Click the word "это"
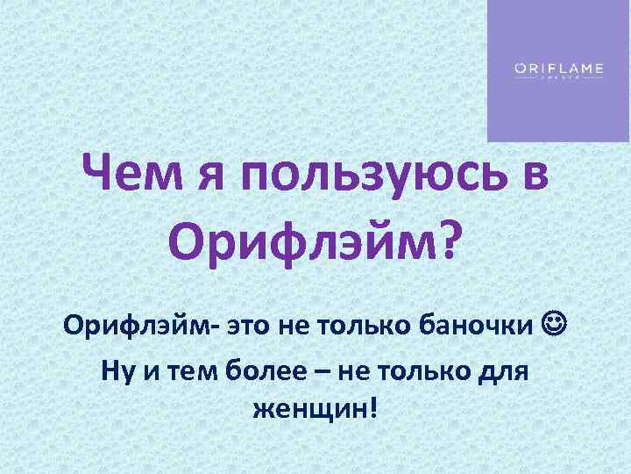252,327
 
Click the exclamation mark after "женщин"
377,407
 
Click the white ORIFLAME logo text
557,68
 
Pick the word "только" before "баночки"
361,327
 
